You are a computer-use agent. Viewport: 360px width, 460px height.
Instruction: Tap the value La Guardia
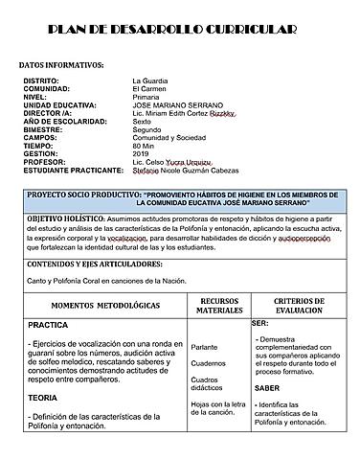coord(151,80)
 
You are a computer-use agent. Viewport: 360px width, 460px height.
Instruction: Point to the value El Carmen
coord(149,88)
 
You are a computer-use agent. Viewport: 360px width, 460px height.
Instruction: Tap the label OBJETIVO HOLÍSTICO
coord(68,218)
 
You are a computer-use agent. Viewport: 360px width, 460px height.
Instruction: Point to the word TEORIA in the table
coord(43,397)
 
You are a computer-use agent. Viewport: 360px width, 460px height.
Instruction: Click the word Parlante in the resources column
coord(205,347)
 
